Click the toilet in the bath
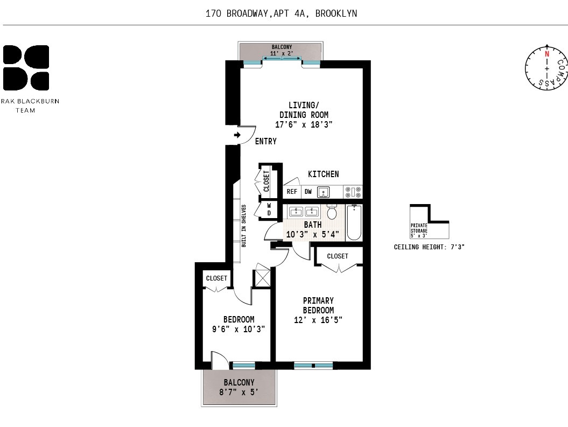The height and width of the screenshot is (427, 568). pos(332,213)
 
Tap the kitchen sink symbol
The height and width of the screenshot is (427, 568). pos(323,192)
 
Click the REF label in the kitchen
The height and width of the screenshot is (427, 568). pos(292,192)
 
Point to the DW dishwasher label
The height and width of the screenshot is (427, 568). pos(308,192)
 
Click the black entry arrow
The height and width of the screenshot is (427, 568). pos(237,135)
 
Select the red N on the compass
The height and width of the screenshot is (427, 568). pos(547,54)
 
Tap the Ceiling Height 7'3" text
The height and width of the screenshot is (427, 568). pos(429,247)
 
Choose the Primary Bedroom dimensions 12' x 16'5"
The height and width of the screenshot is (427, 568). pos(318,320)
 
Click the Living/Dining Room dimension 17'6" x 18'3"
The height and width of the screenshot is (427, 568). pos(304,124)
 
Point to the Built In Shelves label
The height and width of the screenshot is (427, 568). pos(244,226)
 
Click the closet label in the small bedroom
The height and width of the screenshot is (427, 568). pos(216,278)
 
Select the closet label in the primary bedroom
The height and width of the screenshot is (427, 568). pos(338,256)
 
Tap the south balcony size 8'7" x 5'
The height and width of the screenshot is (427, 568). pos(239,392)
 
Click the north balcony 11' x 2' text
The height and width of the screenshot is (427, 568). pos(282,54)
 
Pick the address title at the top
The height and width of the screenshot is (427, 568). pos(281,13)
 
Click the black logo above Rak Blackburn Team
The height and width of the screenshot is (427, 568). pos(26,68)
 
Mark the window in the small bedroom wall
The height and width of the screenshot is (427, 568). pos(243,366)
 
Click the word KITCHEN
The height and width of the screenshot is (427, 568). pos(323,174)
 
